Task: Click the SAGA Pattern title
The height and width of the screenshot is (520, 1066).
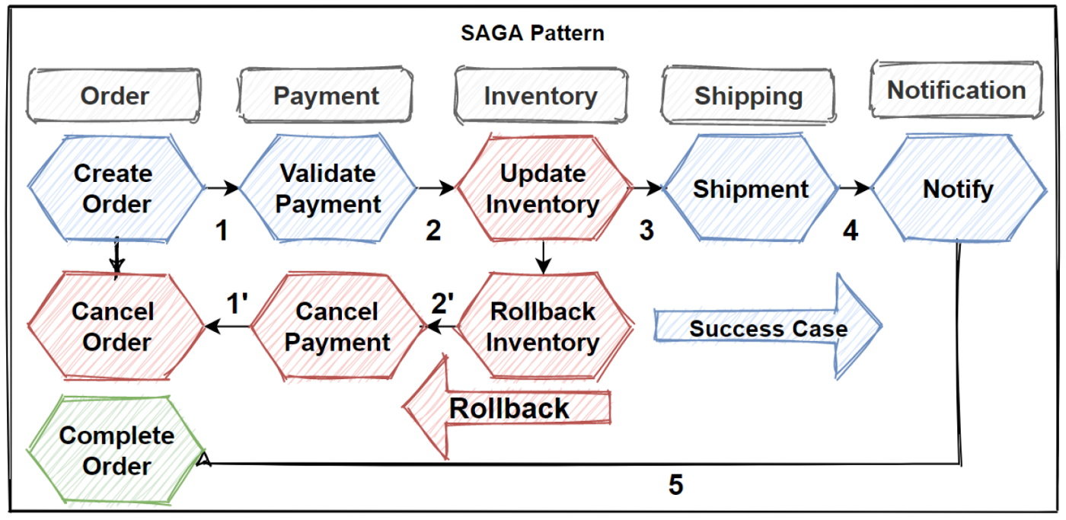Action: [532, 33]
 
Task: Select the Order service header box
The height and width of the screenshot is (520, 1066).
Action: [114, 96]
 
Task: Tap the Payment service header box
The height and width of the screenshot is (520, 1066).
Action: [326, 96]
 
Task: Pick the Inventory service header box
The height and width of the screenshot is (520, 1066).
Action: [541, 96]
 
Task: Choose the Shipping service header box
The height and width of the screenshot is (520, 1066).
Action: [748, 96]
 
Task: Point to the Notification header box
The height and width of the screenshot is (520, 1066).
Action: [956, 90]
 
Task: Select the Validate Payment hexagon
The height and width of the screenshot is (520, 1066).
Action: [328, 189]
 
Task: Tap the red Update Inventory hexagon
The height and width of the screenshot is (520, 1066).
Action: [543, 189]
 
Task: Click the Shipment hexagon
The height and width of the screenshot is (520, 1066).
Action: [751, 189]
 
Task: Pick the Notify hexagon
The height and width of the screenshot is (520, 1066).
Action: [958, 189]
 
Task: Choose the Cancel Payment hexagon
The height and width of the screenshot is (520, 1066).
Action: [337, 326]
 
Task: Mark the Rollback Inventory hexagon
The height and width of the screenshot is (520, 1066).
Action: [543, 326]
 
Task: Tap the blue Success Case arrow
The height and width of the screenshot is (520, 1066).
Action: [768, 328]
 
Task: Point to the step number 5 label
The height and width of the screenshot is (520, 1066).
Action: [676, 485]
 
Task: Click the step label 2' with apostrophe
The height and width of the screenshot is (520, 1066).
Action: [442, 303]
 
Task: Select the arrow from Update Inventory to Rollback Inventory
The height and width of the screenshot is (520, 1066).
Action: [542, 257]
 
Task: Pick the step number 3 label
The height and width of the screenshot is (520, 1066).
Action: [646, 231]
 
